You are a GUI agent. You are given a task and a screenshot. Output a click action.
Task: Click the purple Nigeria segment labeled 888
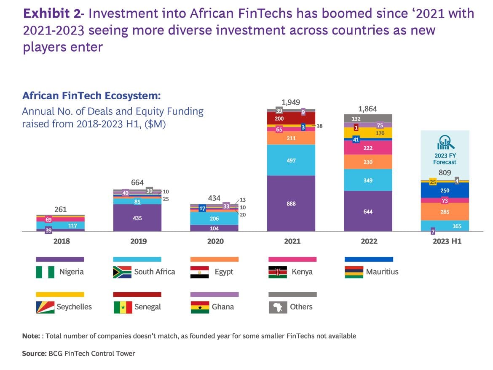pos(291,203)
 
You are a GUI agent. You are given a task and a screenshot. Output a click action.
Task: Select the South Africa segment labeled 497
pos(291,160)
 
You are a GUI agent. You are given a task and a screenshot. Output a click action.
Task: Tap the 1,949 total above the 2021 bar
pos(291,103)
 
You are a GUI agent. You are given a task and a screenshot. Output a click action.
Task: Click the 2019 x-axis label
pos(139,241)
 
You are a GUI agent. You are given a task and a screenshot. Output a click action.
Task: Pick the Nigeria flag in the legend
pos(45,272)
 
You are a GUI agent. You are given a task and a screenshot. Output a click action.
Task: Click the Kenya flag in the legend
pos(278,272)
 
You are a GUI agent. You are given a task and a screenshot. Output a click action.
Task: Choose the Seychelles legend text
pos(74,307)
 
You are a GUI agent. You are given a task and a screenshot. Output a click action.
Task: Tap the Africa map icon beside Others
pos(278,307)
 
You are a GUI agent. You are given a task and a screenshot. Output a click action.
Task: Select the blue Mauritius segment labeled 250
pos(445,190)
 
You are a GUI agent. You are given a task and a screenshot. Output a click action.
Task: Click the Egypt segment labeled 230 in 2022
pos(368,162)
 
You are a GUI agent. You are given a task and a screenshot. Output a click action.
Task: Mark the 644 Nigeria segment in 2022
pos(368,211)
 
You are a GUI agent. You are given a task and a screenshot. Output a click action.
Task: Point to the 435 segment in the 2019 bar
pos(137,218)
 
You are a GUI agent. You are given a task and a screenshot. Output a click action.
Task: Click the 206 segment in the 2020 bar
pos(214,218)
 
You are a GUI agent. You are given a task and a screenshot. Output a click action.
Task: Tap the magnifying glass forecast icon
pos(445,143)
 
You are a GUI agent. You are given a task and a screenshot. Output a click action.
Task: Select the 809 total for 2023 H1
pos(445,172)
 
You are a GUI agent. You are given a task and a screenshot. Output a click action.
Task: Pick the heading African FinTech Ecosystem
pos(91,95)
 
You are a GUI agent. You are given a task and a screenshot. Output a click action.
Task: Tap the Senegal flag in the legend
pos(123,307)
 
